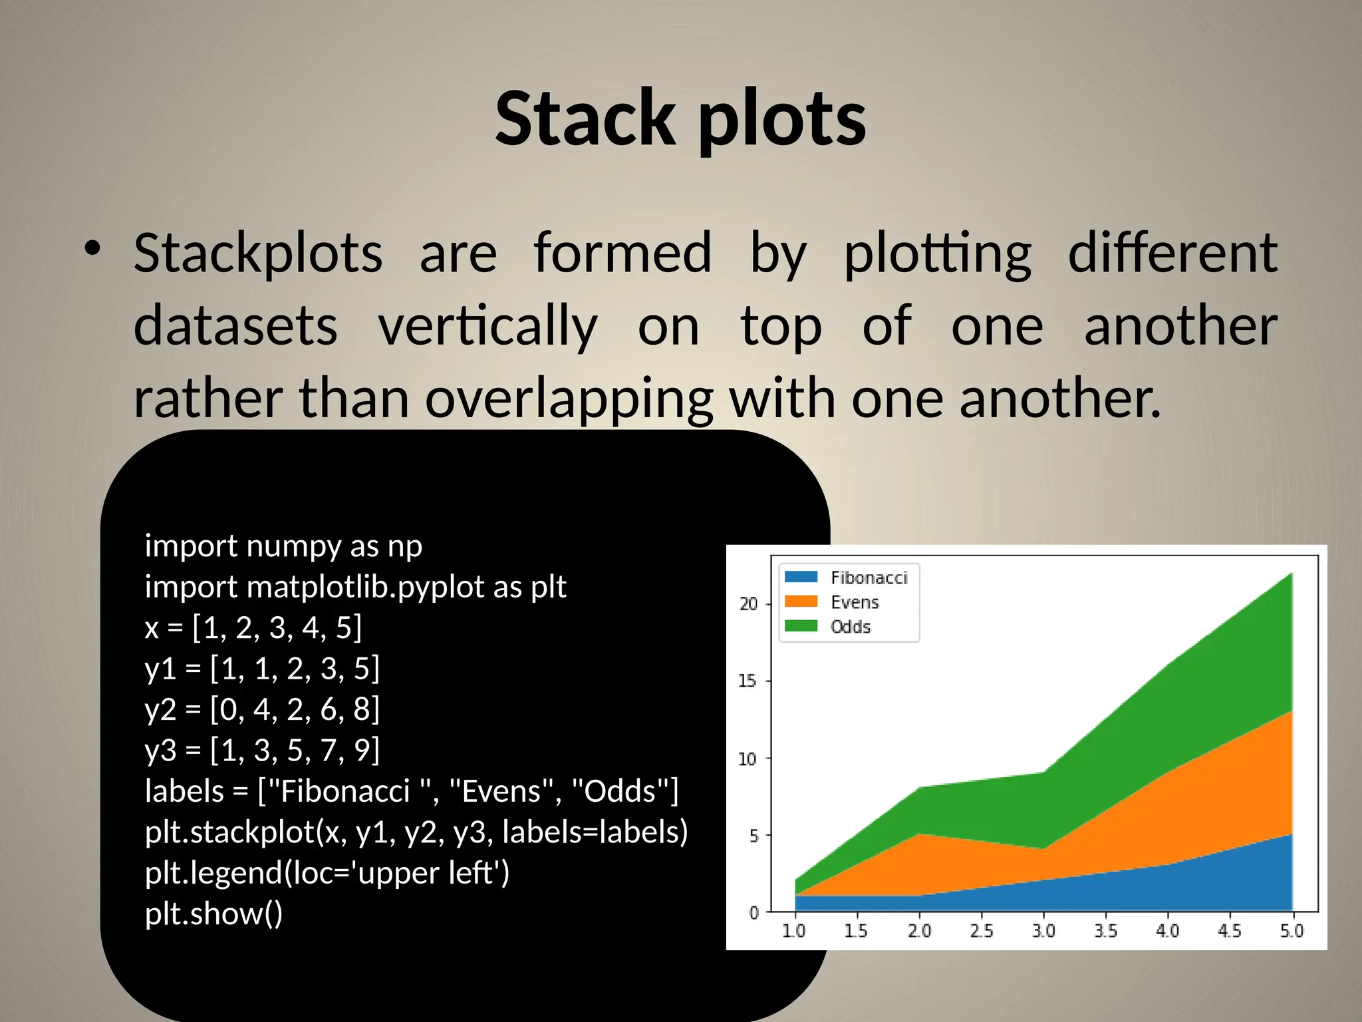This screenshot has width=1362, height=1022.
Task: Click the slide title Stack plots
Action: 680,120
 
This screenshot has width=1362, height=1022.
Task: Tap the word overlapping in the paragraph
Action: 569,399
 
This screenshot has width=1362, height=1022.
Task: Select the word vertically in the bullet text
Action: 487,326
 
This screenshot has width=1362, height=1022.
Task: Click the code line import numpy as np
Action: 283,546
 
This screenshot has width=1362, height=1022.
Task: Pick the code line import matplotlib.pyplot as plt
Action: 355,587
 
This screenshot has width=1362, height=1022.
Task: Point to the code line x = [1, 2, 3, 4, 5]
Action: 253,627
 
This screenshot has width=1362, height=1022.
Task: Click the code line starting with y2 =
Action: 262,709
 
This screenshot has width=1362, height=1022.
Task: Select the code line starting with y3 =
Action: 262,750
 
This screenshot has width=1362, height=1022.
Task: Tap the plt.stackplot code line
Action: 416,832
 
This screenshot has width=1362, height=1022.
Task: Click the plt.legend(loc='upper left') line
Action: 327,873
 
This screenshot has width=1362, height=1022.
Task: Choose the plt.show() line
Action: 213,914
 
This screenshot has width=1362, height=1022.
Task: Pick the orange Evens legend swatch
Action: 801,601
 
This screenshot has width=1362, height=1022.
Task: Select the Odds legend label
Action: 850,627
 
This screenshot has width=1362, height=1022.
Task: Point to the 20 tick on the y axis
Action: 748,604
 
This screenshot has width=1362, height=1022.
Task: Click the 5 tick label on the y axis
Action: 753,836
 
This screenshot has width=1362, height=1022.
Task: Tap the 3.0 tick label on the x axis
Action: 1043,931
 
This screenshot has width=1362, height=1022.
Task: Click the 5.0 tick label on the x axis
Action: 1292,931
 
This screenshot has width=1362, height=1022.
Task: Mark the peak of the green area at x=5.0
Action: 1291,574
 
